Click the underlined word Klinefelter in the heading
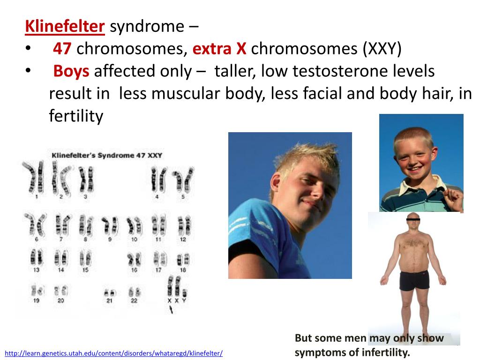click(65, 26)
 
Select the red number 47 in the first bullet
click(62, 49)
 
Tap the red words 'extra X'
click(219, 49)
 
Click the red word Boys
click(71, 71)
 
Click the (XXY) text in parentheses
click(382, 49)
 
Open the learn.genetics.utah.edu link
click(113, 353)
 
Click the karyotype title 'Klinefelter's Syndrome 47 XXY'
click(107, 155)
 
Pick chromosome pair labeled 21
click(109, 293)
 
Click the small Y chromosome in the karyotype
click(184, 292)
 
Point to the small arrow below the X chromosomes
click(171, 310)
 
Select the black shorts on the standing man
click(414, 280)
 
